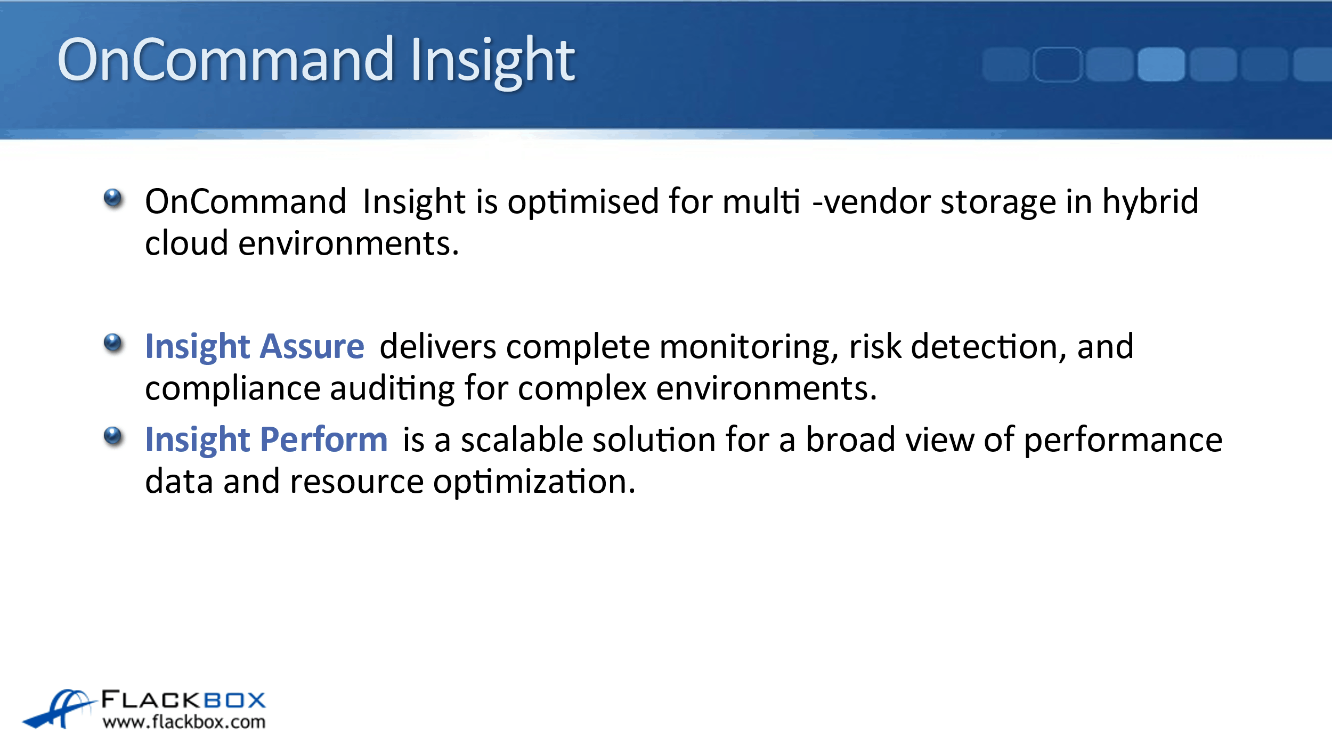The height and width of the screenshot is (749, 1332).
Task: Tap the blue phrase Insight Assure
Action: [x=255, y=347]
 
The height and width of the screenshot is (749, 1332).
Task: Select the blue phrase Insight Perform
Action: [x=266, y=440]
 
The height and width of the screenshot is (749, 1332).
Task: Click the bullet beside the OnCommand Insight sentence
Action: [x=113, y=199]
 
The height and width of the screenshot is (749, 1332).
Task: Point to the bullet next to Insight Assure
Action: [x=113, y=344]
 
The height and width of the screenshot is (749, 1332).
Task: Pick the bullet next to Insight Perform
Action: [x=113, y=436]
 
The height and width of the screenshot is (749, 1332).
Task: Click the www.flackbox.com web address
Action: [x=184, y=722]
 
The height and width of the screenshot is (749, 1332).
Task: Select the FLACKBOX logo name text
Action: [x=183, y=699]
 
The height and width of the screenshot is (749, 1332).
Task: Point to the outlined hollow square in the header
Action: [x=1058, y=64]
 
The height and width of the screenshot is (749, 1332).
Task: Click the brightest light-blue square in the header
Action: [x=1161, y=64]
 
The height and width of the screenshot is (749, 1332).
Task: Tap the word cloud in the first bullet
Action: [x=186, y=243]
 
